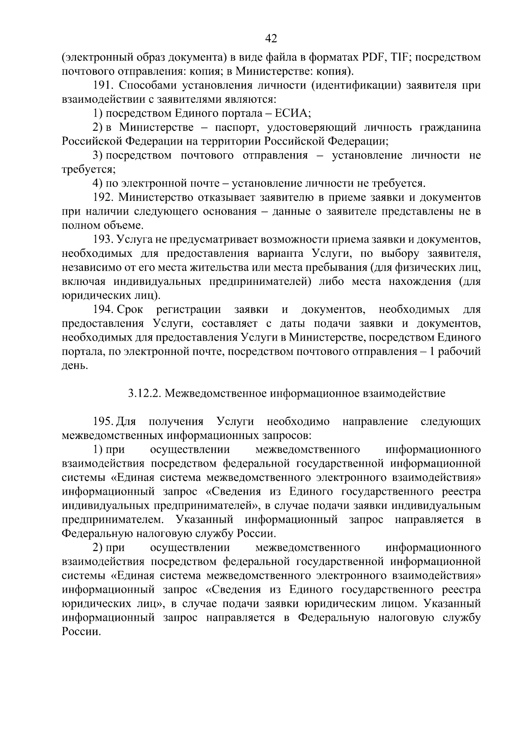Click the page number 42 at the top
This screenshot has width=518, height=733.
click(271, 39)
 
